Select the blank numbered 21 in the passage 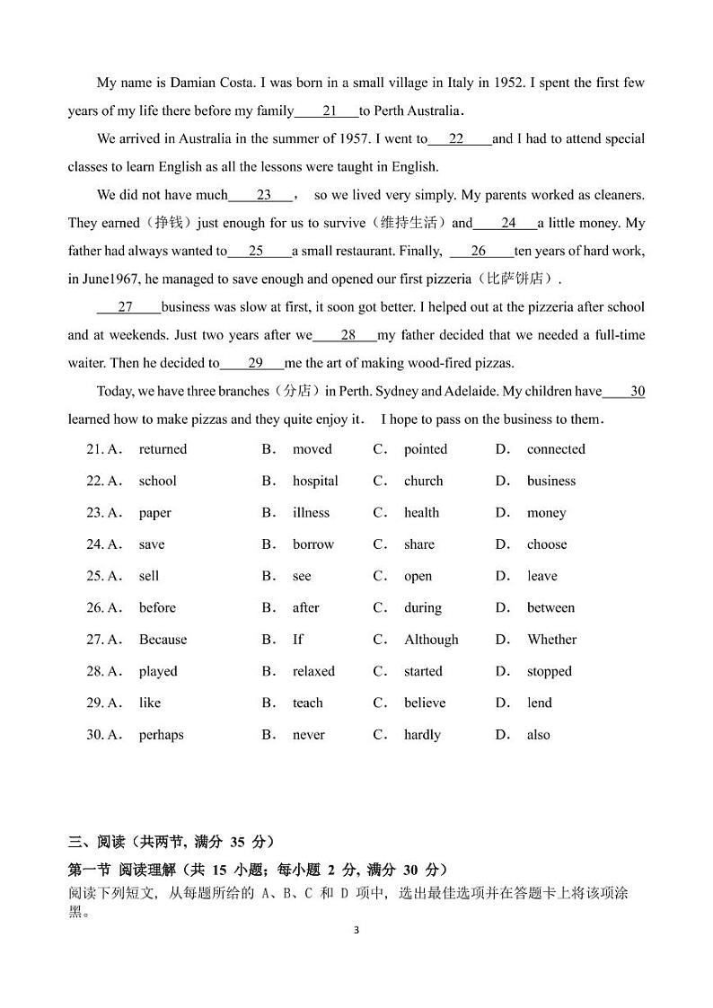coord(327,111)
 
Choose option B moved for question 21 coord(312,449)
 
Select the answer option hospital coord(315,481)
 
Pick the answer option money coord(546,513)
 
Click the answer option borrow coord(312,544)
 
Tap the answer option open coord(418,576)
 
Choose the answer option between coord(550,608)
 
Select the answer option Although coord(431,640)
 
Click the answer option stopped coord(549,671)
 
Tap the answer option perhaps coord(161,735)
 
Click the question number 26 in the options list coord(95,608)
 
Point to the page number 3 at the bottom coord(356,930)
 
